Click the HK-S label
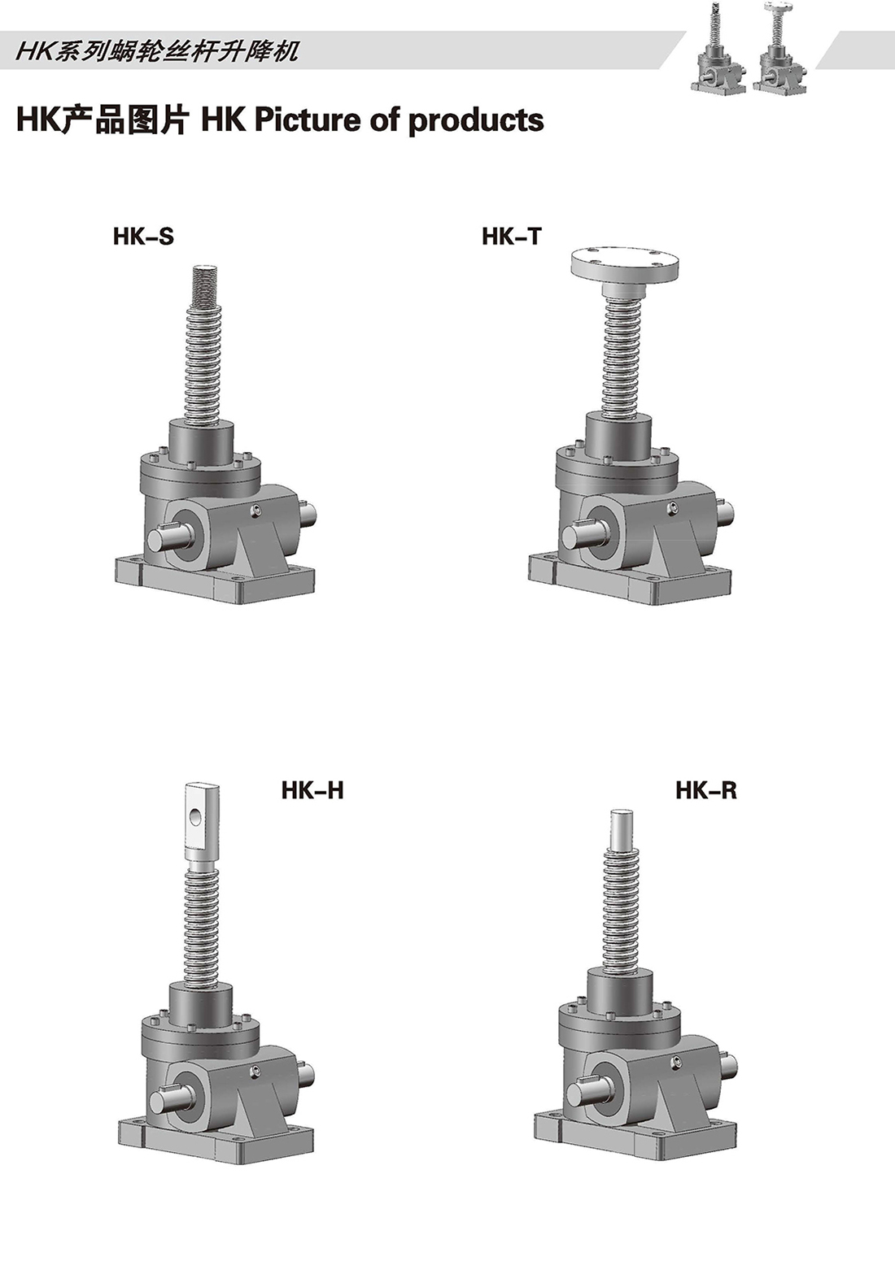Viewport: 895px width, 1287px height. pyautogui.click(x=143, y=236)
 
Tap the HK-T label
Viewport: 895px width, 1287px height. pyautogui.click(x=512, y=236)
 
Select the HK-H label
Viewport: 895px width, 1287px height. pyautogui.click(x=312, y=790)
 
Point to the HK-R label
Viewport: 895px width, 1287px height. pyautogui.click(x=706, y=790)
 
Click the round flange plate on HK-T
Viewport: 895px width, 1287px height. pyautogui.click(x=626, y=265)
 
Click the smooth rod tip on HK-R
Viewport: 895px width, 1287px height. pyautogui.click(x=622, y=831)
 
